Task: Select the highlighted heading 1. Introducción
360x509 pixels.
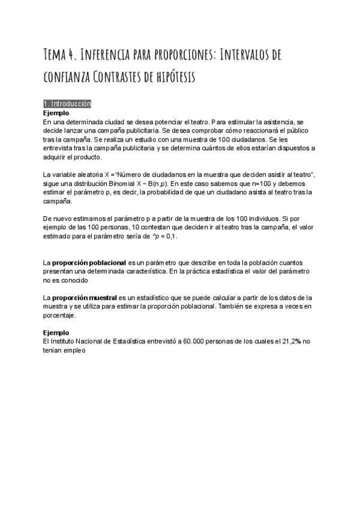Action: click(67, 103)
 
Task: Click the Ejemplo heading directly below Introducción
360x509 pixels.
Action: click(56, 112)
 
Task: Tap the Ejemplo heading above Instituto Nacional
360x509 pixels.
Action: click(56, 332)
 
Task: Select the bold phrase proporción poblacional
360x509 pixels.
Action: click(89, 264)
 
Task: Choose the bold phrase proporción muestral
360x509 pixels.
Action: click(85, 298)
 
